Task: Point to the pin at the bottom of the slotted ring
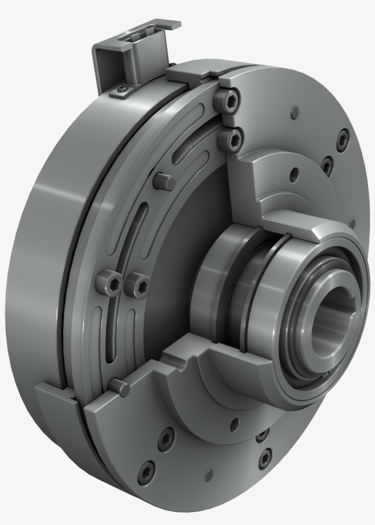pos(119,386)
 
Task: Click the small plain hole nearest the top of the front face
pos(295,111)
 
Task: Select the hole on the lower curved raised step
pos(235,422)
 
